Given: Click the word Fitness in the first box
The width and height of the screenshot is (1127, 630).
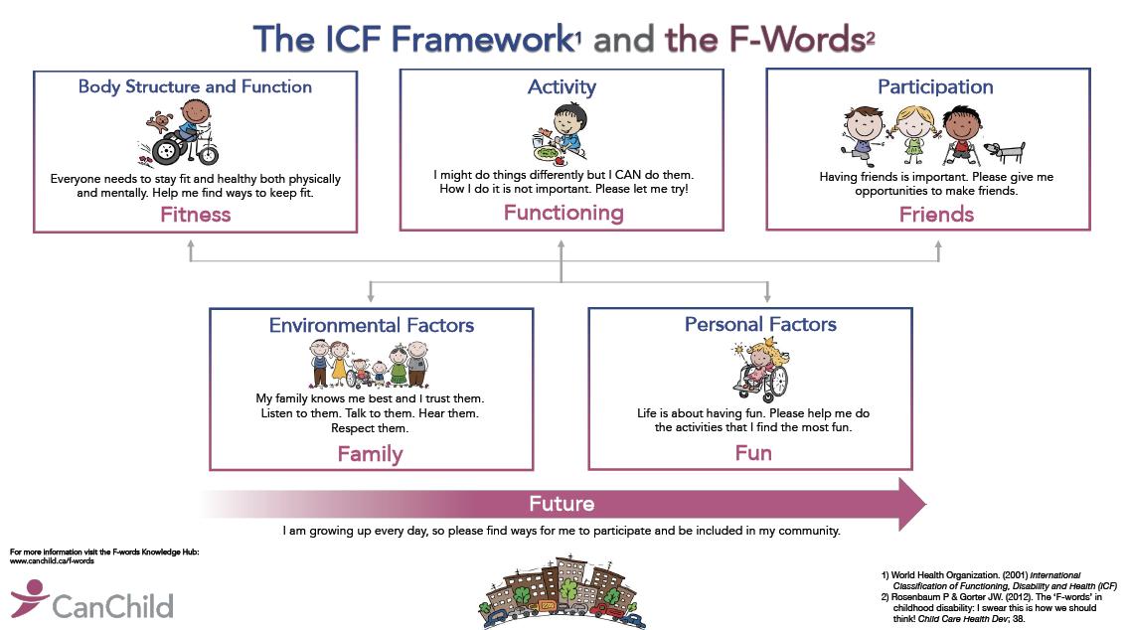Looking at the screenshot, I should (195, 215).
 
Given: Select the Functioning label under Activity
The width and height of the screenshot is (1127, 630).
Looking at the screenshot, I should (563, 213).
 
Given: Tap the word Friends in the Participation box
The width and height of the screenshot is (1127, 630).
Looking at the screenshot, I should (935, 215).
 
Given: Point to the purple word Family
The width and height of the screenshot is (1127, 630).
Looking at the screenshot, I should (370, 454).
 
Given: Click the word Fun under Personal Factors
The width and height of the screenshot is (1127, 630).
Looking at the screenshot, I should (752, 453).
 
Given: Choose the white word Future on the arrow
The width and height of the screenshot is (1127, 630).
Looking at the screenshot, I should (562, 504).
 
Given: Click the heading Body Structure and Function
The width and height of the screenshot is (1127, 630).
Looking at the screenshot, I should (195, 87).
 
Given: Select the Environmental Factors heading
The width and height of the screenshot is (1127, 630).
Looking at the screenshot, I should (371, 325).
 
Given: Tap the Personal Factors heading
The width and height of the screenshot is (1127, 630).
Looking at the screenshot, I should (760, 324).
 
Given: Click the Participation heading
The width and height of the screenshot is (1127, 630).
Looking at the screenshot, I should (935, 87).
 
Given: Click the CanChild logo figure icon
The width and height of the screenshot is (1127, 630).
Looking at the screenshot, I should (29, 598).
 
